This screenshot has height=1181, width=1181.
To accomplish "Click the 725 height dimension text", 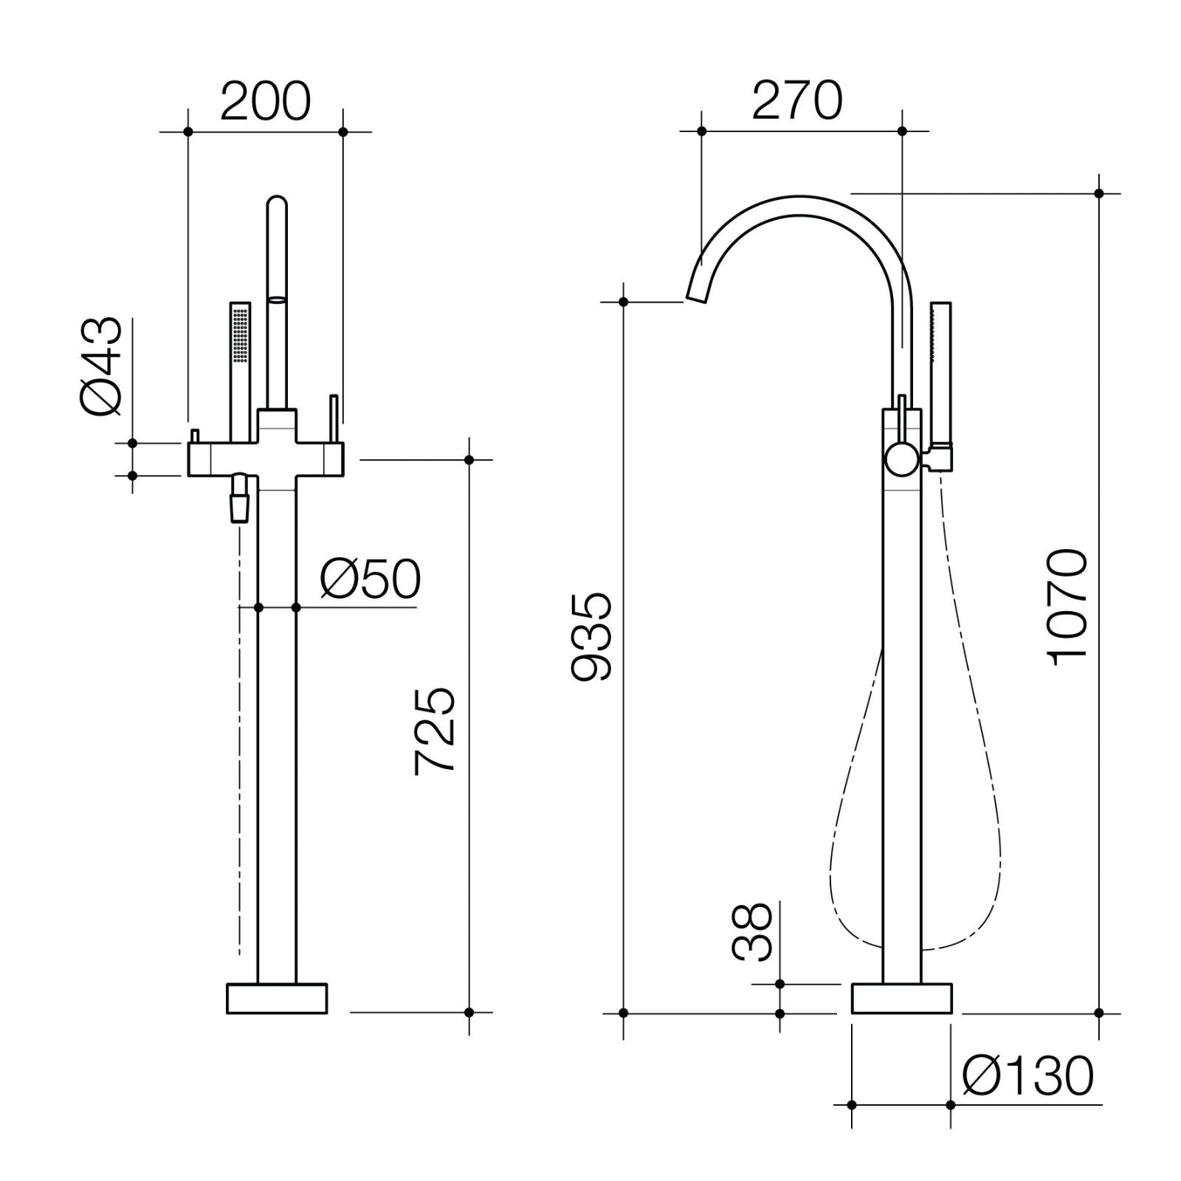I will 435,731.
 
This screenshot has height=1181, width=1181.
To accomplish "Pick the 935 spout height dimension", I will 592,635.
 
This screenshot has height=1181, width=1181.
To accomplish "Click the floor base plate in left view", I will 277,998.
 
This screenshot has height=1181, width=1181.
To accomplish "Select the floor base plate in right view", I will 901,998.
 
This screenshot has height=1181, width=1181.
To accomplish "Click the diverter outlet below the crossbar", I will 241,502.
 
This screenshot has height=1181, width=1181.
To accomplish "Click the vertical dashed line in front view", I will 240,738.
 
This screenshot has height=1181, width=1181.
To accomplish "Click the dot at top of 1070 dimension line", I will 1098,193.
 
